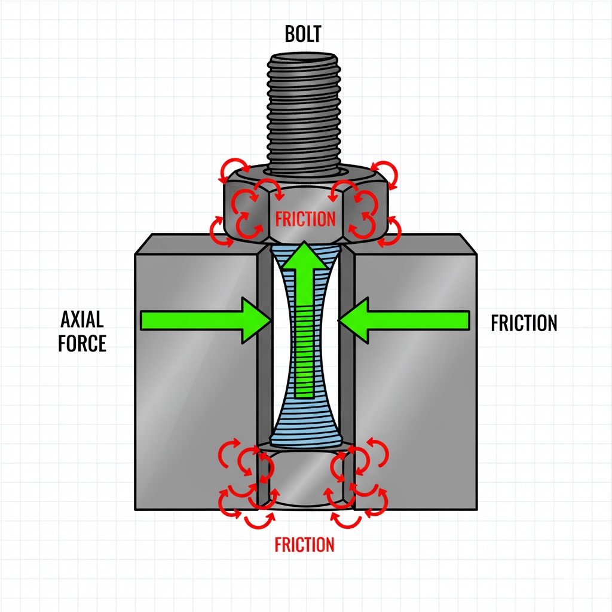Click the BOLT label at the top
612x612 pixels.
click(304, 34)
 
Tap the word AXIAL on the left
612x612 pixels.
click(82, 320)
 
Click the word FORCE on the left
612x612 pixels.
click(82, 344)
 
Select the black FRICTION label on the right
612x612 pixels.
click(524, 323)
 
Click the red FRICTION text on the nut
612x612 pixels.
click(305, 219)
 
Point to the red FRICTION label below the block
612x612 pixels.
click(304, 544)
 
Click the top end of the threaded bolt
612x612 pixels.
click(304, 59)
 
